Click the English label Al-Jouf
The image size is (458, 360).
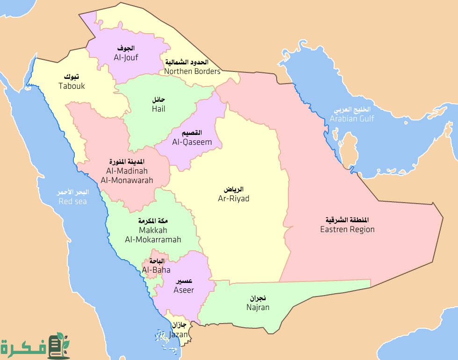(x=126, y=57)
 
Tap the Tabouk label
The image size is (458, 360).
(x=72, y=86)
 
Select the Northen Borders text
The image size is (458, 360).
(x=192, y=71)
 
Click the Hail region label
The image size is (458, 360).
(x=158, y=109)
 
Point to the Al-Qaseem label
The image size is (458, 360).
(x=192, y=142)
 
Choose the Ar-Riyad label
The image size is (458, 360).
(x=234, y=198)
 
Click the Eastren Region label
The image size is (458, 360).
(x=347, y=229)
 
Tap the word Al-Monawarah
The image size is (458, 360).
(x=127, y=180)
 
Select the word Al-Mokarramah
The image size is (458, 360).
(x=153, y=240)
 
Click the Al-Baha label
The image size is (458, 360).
(x=156, y=270)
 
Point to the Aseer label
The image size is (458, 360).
(x=184, y=290)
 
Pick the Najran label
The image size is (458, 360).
(x=258, y=307)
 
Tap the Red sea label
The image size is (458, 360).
(x=72, y=201)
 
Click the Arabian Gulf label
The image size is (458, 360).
(x=352, y=119)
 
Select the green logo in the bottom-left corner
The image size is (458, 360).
(x=35, y=346)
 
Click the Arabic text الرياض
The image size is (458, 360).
(x=234, y=190)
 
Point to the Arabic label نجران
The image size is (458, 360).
(x=258, y=298)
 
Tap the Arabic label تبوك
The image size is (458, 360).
(x=72, y=77)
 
